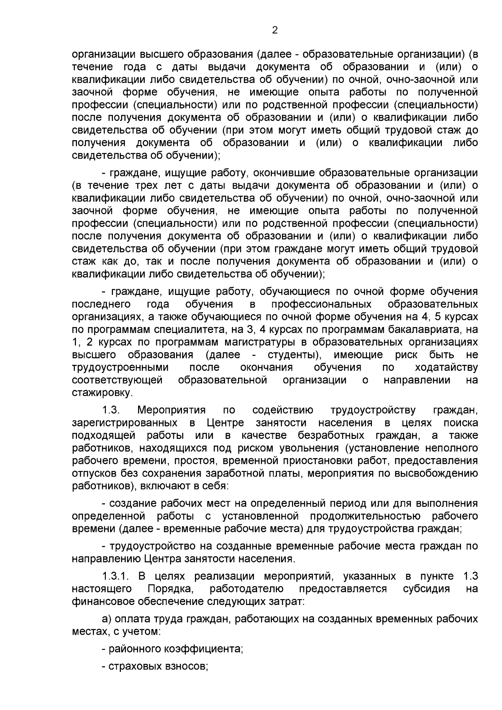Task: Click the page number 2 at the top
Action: click(275, 30)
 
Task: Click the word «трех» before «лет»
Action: click(145, 185)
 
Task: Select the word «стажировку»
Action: click(102, 393)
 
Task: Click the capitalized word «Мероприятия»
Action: click(172, 410)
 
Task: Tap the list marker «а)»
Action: click(107, 619)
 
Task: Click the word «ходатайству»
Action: click(446, 367)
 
